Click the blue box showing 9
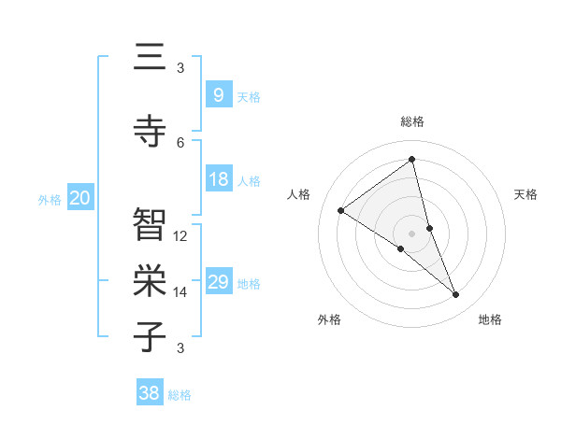click(218, 94)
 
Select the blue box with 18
click(218, 179)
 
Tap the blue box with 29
click(218, 282)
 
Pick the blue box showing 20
click(80, 198)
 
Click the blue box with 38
click(150, 393)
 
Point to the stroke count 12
click(180, 236)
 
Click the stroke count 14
click(180, 292)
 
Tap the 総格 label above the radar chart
click(411, 121)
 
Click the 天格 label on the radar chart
click(525, 194)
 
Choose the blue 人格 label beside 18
click(249, 180)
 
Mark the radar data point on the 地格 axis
click(456, 295)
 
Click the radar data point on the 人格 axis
click(341, 210)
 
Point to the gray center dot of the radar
click(411, 233)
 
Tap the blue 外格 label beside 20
click(50, 199)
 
